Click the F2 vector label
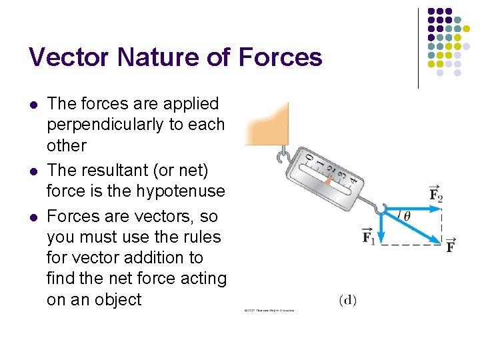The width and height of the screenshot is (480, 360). [x=437, y=195]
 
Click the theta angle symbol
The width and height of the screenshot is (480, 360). [x=407, y=215]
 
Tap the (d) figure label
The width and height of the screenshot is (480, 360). [x=347, y=301]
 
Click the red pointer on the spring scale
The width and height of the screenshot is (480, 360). [x=329, y=180]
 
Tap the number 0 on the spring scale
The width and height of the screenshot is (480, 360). [x=308, y=157]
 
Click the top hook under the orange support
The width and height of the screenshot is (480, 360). [x=283, y=157]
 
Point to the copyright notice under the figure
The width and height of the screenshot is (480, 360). [x=269, y=310]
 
